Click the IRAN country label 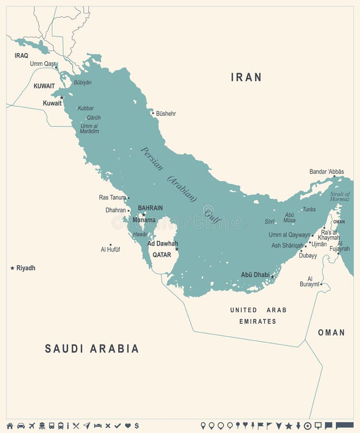[x=246, y=77]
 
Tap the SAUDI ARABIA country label [x=92, y=349]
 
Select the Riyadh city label [x=26, y=268]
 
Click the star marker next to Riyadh [x=12, y=268]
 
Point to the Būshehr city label [x=166, y=114]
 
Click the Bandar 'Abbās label [x=326, y=171]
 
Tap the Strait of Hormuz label [x=340, y=197]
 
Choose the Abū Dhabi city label [x=255, y=275]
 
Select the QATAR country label [x=161, y=255]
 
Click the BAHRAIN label [x=150, y=208]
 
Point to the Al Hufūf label [x=110, y=250]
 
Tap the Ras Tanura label [x=112, y=197]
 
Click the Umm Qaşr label [x=42, y=64]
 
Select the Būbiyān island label [x=82, y=82]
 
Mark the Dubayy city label [x=308, y=255]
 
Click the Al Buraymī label [x=310, y=281]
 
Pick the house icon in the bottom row [x=10, y=426]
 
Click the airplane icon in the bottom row [x=32, y=426]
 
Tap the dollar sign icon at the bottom [x=137, y=426]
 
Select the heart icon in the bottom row [x=128, y=426]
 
